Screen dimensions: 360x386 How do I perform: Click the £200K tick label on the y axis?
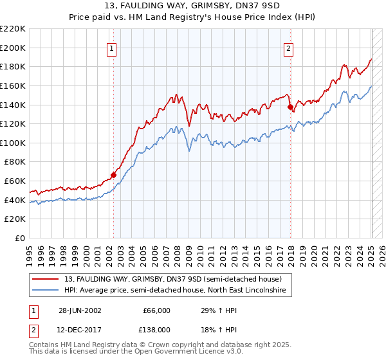tap(13, 48)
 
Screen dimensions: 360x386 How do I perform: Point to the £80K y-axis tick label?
tap(15, 162)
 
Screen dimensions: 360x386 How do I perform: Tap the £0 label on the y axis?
tap(21, 239)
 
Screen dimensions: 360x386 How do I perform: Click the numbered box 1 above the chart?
tap(112, 48)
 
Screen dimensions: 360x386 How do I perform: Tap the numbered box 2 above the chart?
tap(289, 48)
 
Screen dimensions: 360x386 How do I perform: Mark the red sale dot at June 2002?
tap(113, 174)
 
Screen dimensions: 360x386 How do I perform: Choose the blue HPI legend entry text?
tap(177, 291)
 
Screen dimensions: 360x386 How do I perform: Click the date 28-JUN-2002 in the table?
tap(79, 310)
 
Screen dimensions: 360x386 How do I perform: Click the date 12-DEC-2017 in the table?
tap(79, 328)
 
